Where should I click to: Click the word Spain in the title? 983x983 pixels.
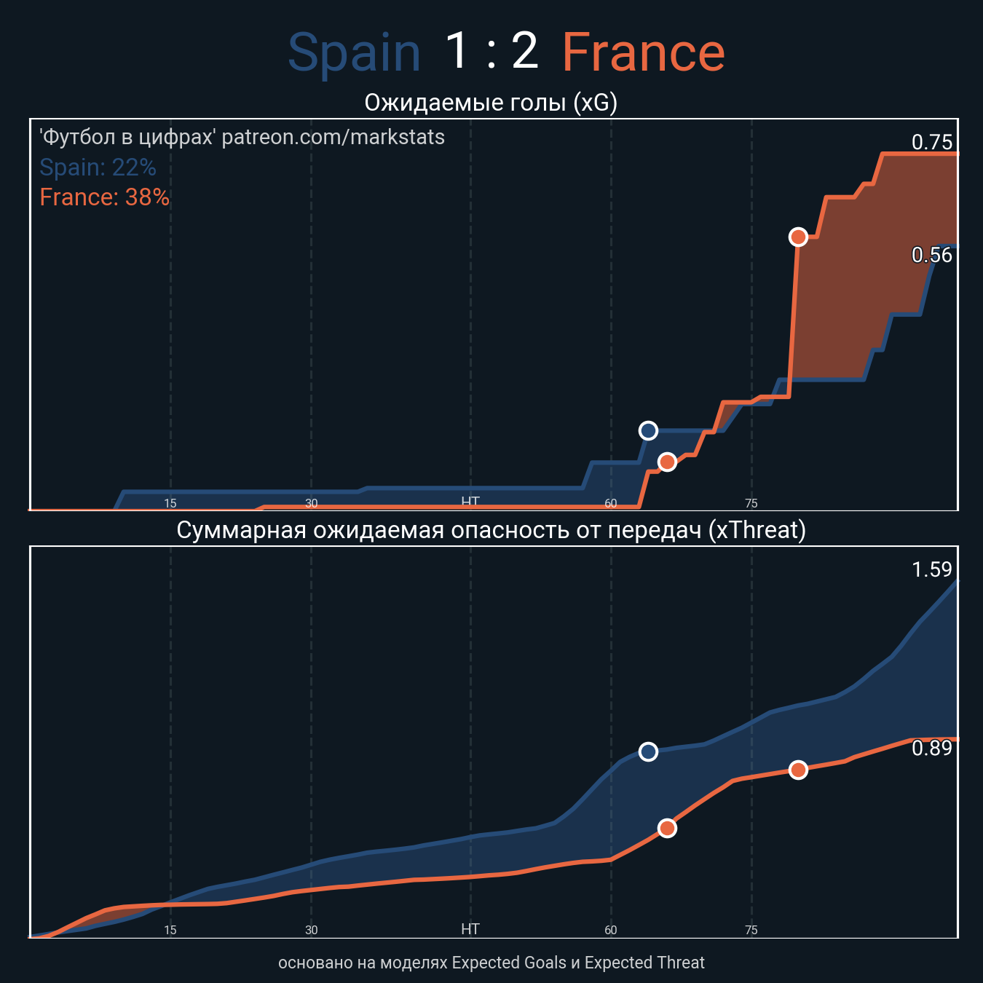coord(355,53)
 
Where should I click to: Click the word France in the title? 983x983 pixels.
coord(643,53)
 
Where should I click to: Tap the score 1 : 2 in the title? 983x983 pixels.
coord(491,51)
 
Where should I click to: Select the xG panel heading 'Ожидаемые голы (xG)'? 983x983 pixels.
coord(491,103)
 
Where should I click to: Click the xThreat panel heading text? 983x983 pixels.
coord(491,530)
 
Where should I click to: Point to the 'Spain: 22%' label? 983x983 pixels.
coord(98,167)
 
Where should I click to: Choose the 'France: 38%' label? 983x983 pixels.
coord(104,197)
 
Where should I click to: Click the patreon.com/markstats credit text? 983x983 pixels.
coord(242,137)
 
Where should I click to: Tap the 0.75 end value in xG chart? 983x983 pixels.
coord(931,142)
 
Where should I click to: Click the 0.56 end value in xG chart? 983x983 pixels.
coord(931,255)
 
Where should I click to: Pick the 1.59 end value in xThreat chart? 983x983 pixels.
coord(931,569)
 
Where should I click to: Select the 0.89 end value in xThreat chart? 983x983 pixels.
coord(931,748)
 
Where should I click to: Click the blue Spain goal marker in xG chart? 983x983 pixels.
coord(648,431)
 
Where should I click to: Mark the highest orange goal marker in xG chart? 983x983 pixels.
coord(798,237)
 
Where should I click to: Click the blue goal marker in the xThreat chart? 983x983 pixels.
coord(648,751)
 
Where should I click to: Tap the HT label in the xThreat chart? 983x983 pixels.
coord(470,929)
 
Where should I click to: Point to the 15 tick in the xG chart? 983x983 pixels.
coord(170,503)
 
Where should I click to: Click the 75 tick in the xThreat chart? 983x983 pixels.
coord(751,930)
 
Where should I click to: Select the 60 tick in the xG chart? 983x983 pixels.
coord(611,503)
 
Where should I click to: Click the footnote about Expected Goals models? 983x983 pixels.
coord(491,963)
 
